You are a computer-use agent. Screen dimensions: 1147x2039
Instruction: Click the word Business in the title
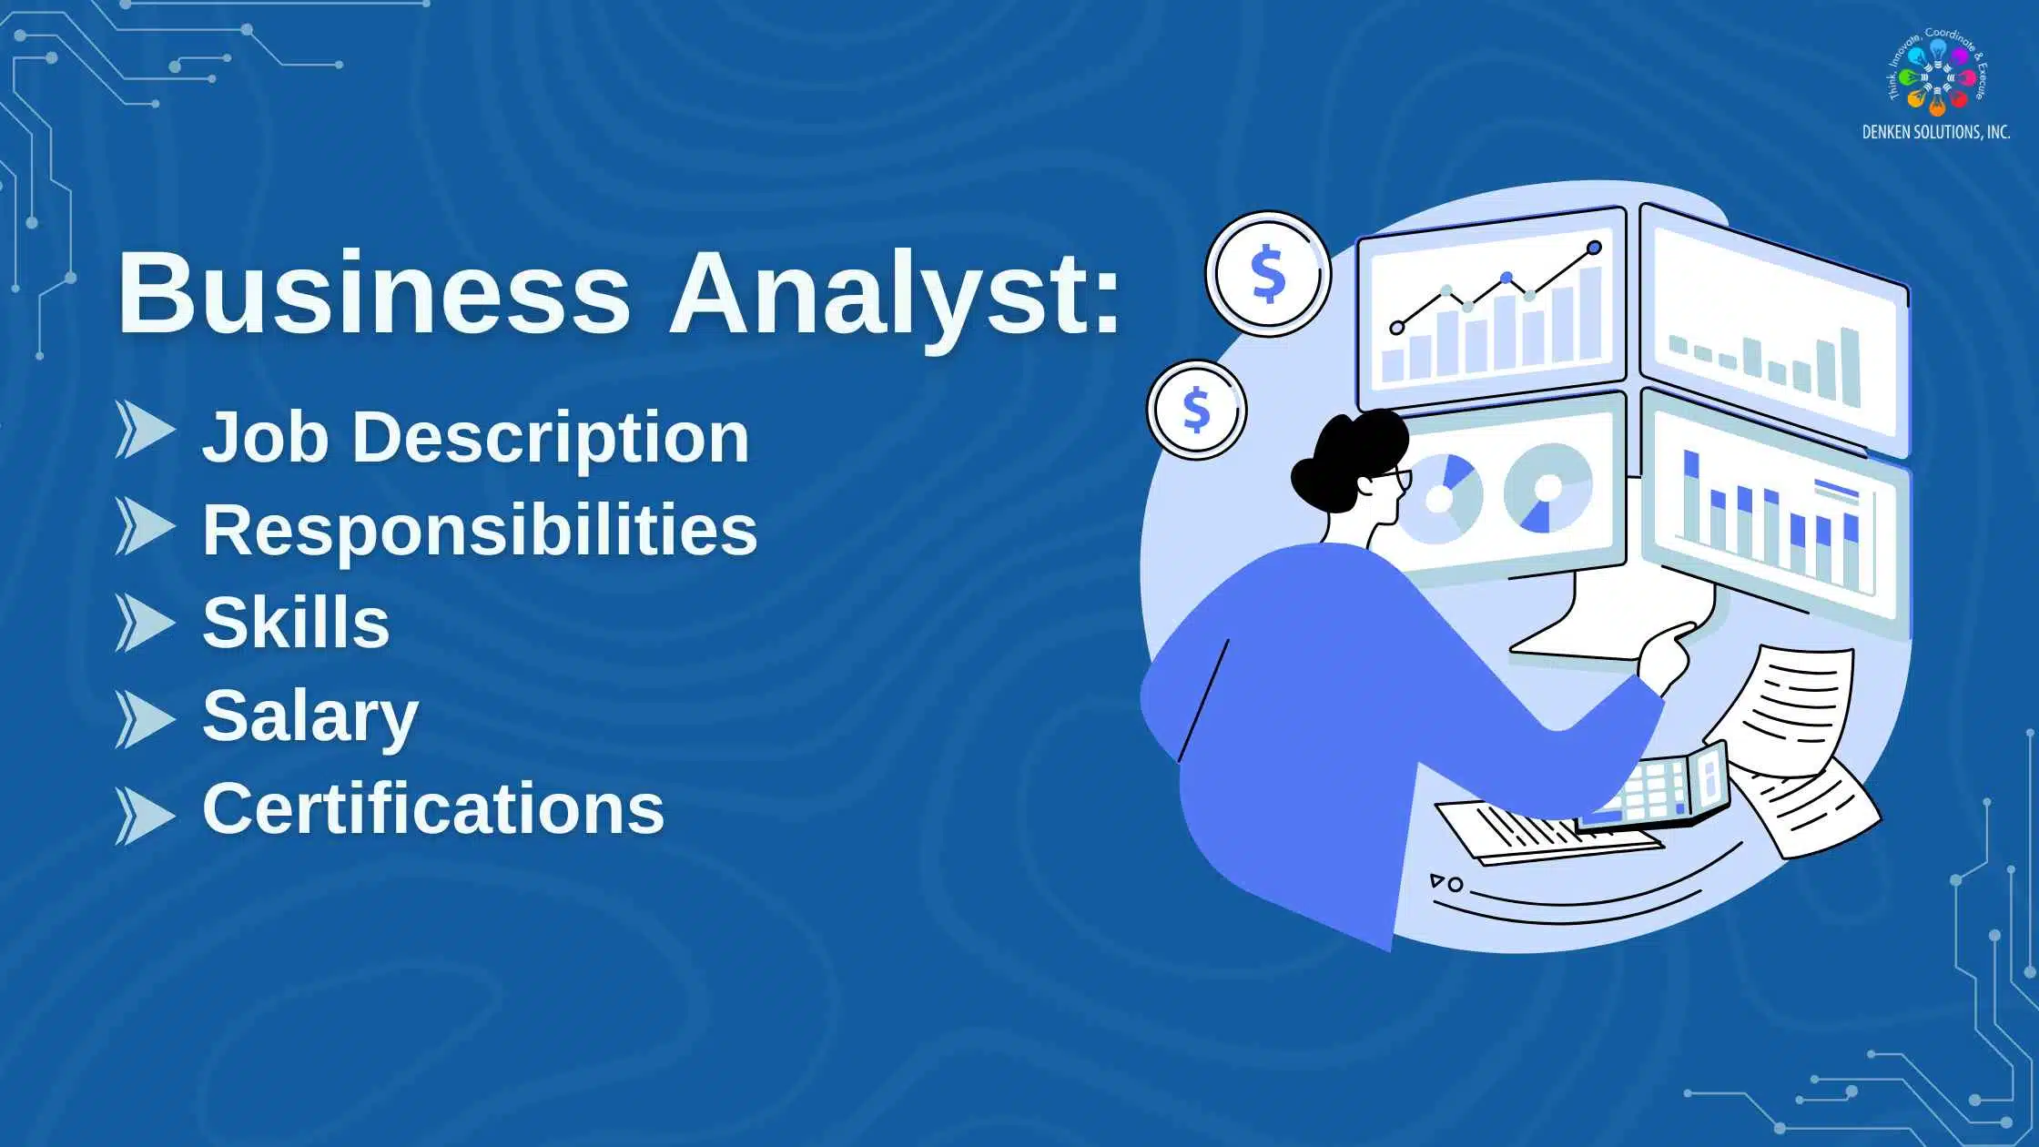pos(373,293)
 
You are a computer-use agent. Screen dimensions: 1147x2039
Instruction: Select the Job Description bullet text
pos(475,438)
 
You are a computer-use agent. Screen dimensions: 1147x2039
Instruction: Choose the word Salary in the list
pos(310,717)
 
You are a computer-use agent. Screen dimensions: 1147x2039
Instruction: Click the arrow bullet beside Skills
pos(145,623)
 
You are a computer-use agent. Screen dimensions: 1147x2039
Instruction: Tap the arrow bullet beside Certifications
pos(145,815)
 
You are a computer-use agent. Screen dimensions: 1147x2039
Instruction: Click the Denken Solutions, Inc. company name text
pos(1935,133)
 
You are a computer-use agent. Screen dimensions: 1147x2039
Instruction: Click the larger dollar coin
pos(1268,274)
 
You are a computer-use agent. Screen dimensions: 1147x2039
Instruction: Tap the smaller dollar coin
pos(1196,410)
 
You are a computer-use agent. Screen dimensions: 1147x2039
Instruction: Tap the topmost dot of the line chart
pos(1594,248)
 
